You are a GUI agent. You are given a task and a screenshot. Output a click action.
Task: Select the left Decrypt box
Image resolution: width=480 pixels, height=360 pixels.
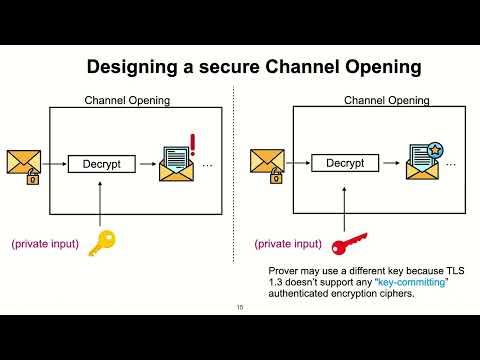101,163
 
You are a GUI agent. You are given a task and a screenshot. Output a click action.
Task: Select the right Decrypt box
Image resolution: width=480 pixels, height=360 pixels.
344,163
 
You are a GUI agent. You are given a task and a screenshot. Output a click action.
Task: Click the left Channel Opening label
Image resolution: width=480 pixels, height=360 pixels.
127,100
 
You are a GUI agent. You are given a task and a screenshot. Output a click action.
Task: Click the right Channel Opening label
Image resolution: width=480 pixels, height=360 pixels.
387,100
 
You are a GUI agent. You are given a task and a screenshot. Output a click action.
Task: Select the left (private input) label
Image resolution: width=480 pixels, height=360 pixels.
45,243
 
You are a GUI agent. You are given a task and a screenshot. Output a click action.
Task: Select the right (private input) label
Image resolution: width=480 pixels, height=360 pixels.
288,243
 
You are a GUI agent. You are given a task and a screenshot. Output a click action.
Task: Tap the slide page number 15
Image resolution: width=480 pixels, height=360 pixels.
240,307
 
